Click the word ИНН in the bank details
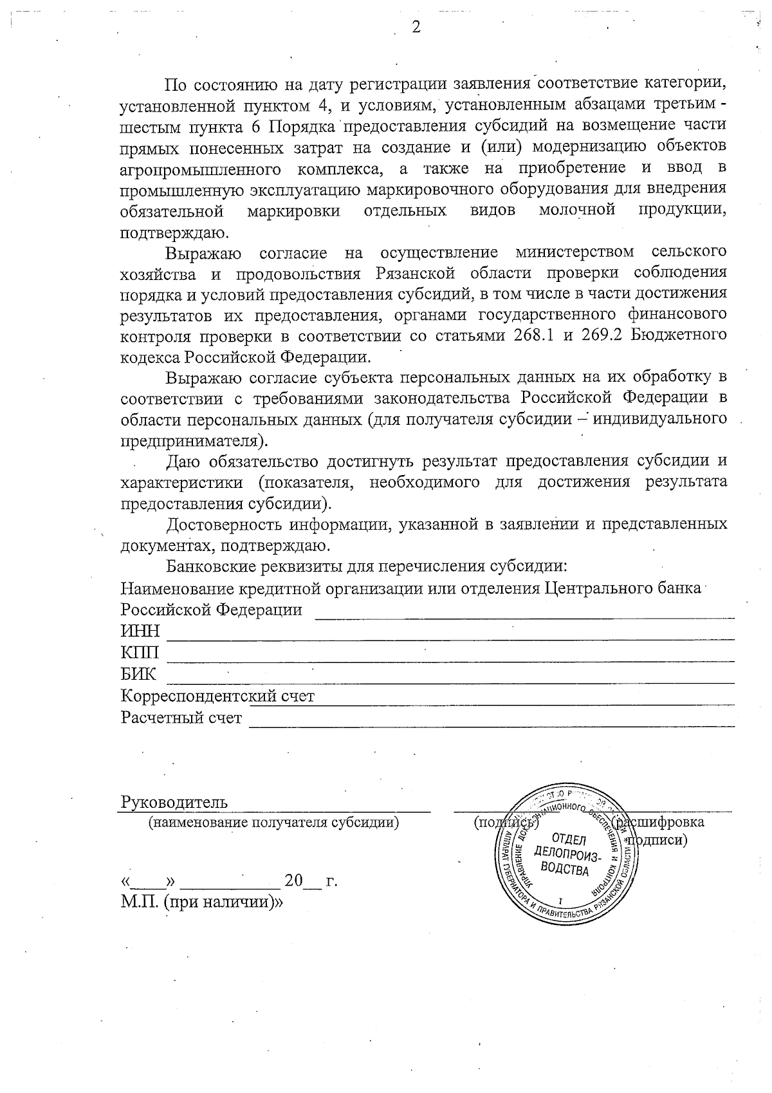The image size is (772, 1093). coord(140,631)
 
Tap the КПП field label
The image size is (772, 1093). coord(140,653)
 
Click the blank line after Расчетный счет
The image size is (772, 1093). coord(492,724)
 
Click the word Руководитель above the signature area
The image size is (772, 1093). coord(174,802)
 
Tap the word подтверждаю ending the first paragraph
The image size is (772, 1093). coord(173,232)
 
